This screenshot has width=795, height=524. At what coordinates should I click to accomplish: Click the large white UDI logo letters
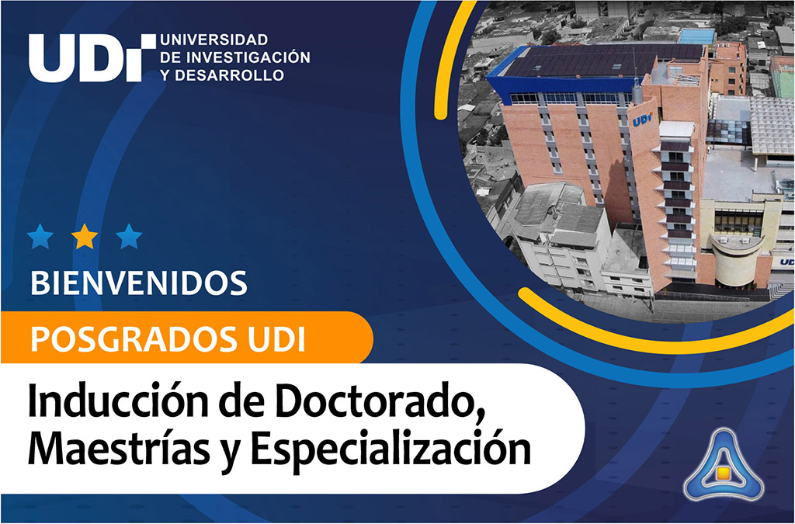click(92, 57)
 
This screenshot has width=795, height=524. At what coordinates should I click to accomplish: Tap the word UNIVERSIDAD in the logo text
click(214, 40)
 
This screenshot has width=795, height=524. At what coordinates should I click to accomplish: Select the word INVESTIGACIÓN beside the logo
click(248, 57)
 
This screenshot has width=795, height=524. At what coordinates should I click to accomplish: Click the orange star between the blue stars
click(85, 236)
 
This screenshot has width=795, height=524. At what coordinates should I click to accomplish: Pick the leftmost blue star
click(40, 236)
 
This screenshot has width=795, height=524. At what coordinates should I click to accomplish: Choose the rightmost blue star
click(129, 236)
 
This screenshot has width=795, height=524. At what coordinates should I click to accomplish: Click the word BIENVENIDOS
click(139, 283)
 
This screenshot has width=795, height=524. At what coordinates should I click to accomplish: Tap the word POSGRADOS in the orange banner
click(134, 339)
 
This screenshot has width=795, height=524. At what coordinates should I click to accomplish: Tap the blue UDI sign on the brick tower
click(642, 120)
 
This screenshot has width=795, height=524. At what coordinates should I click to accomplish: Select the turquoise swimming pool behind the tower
click(696, 36)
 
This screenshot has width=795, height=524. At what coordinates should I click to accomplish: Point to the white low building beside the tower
click(563, 238)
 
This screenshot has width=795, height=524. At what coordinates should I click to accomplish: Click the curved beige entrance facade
click(738, 260)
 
